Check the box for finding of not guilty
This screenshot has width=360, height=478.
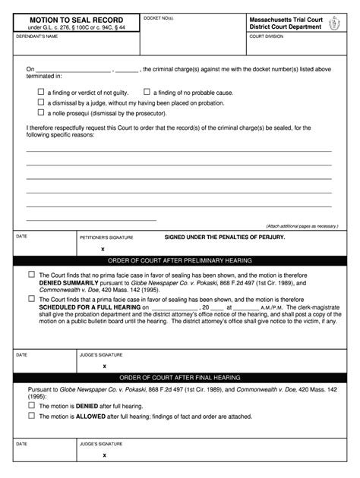42,91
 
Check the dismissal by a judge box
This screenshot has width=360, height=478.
42,102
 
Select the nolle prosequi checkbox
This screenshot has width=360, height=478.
42,112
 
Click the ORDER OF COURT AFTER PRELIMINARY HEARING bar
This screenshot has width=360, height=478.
179,260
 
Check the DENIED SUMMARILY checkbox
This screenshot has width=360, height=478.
31,274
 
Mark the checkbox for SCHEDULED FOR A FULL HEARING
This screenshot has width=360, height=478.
31,299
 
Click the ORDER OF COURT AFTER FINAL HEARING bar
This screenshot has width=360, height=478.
179,377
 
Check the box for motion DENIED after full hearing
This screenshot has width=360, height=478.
31,405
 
